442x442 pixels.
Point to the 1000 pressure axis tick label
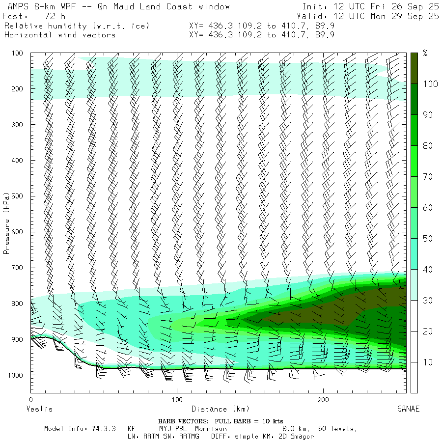pos(17,375)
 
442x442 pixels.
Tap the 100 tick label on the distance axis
pos(177,401)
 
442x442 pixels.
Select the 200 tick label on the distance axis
pos(324,401)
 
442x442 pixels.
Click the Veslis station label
pos(39,409)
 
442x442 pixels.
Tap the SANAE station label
pos(409,409)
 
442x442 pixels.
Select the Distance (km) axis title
pos(220,409)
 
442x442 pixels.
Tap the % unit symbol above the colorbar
pos(425,54)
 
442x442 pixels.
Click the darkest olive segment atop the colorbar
pos(414,67)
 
